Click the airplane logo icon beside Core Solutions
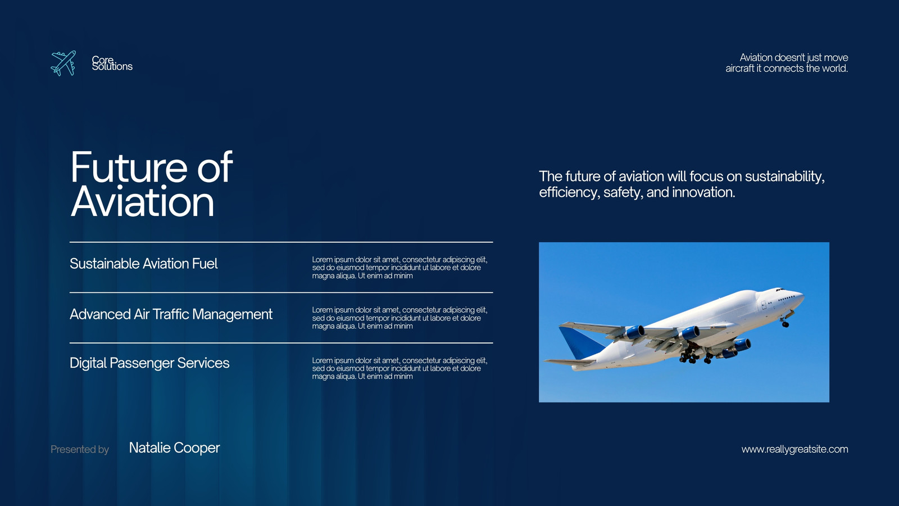click(x=63, y=63)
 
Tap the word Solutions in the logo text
click(x=112, y=67)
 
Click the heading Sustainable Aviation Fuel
click(x=144, y=264)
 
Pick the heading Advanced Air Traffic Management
click(x=171, y=314)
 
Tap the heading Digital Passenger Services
click(x=149, y=363)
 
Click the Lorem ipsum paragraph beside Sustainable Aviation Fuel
click(x=399, y=268)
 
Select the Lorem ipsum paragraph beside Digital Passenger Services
click(x=399, y=368)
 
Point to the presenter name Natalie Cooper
click(x=174, y=448)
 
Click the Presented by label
click(x=79, y=449)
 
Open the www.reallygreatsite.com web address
click(x=794, y=449)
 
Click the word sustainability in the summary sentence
click(x=784, y=177)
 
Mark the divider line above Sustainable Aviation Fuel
click(x=281, y=242)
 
